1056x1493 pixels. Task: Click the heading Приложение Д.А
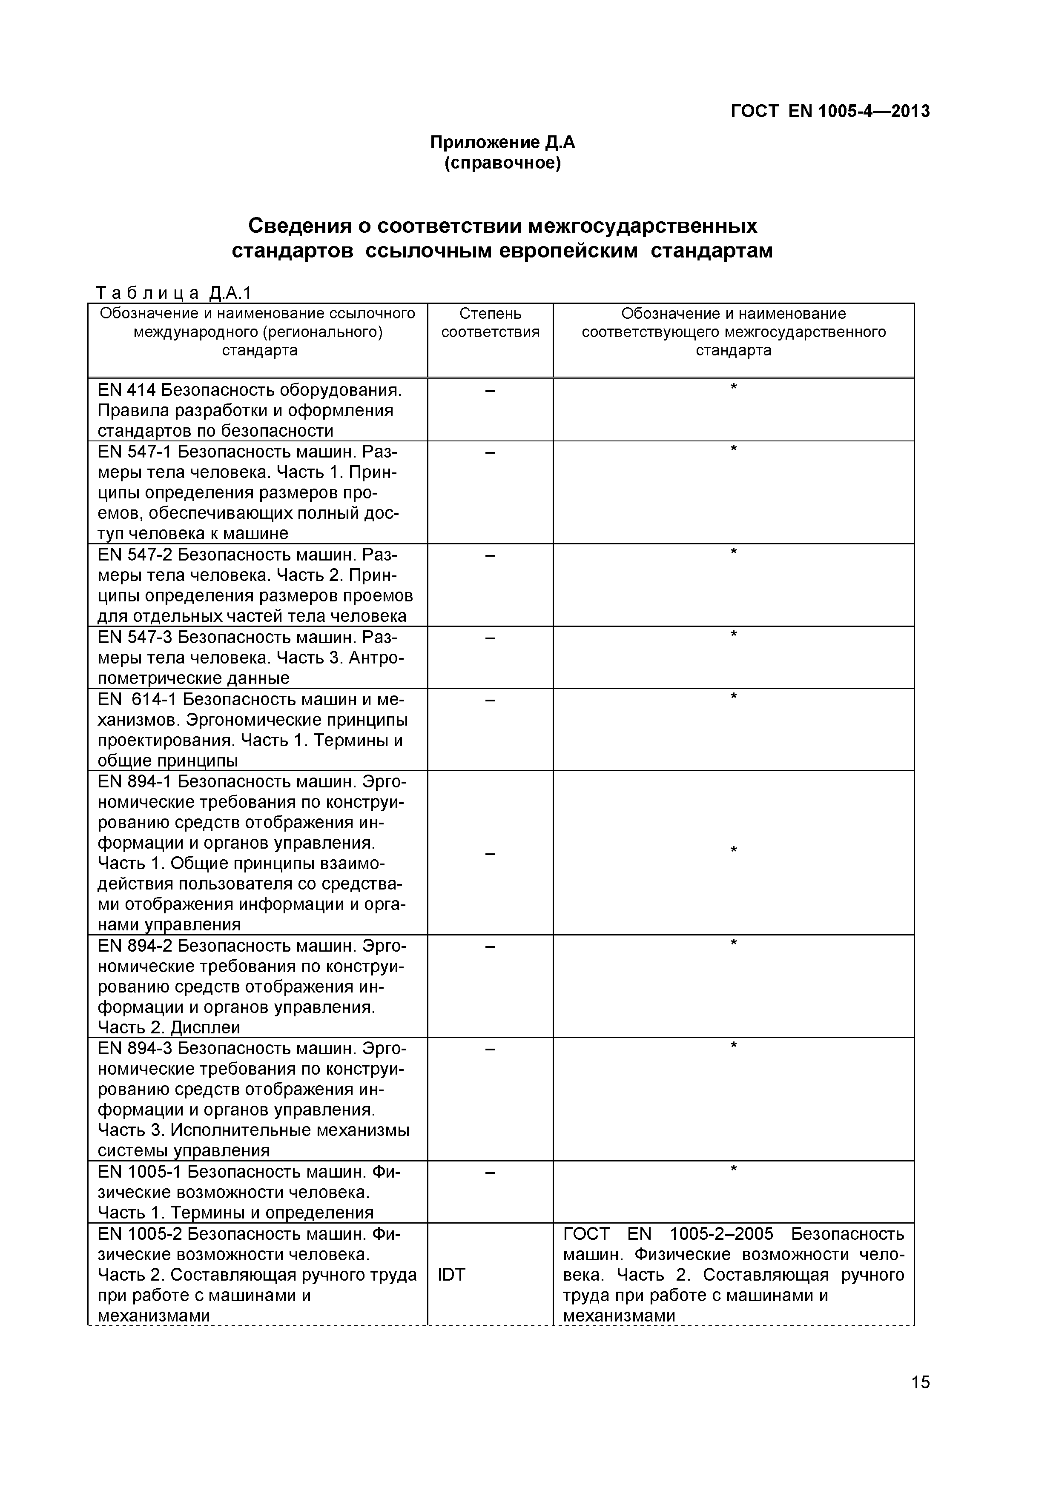click(502, 143)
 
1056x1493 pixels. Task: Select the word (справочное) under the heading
click(502, 163)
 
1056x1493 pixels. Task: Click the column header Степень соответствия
click(490, 323)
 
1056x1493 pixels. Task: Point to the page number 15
click(921, 1400)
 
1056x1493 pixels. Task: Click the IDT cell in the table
click(451, 1275)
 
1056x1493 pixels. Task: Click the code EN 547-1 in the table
click(134, 452)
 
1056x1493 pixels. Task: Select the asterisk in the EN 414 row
click(733, 388)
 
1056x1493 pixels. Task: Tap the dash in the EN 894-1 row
click(490, 853)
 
